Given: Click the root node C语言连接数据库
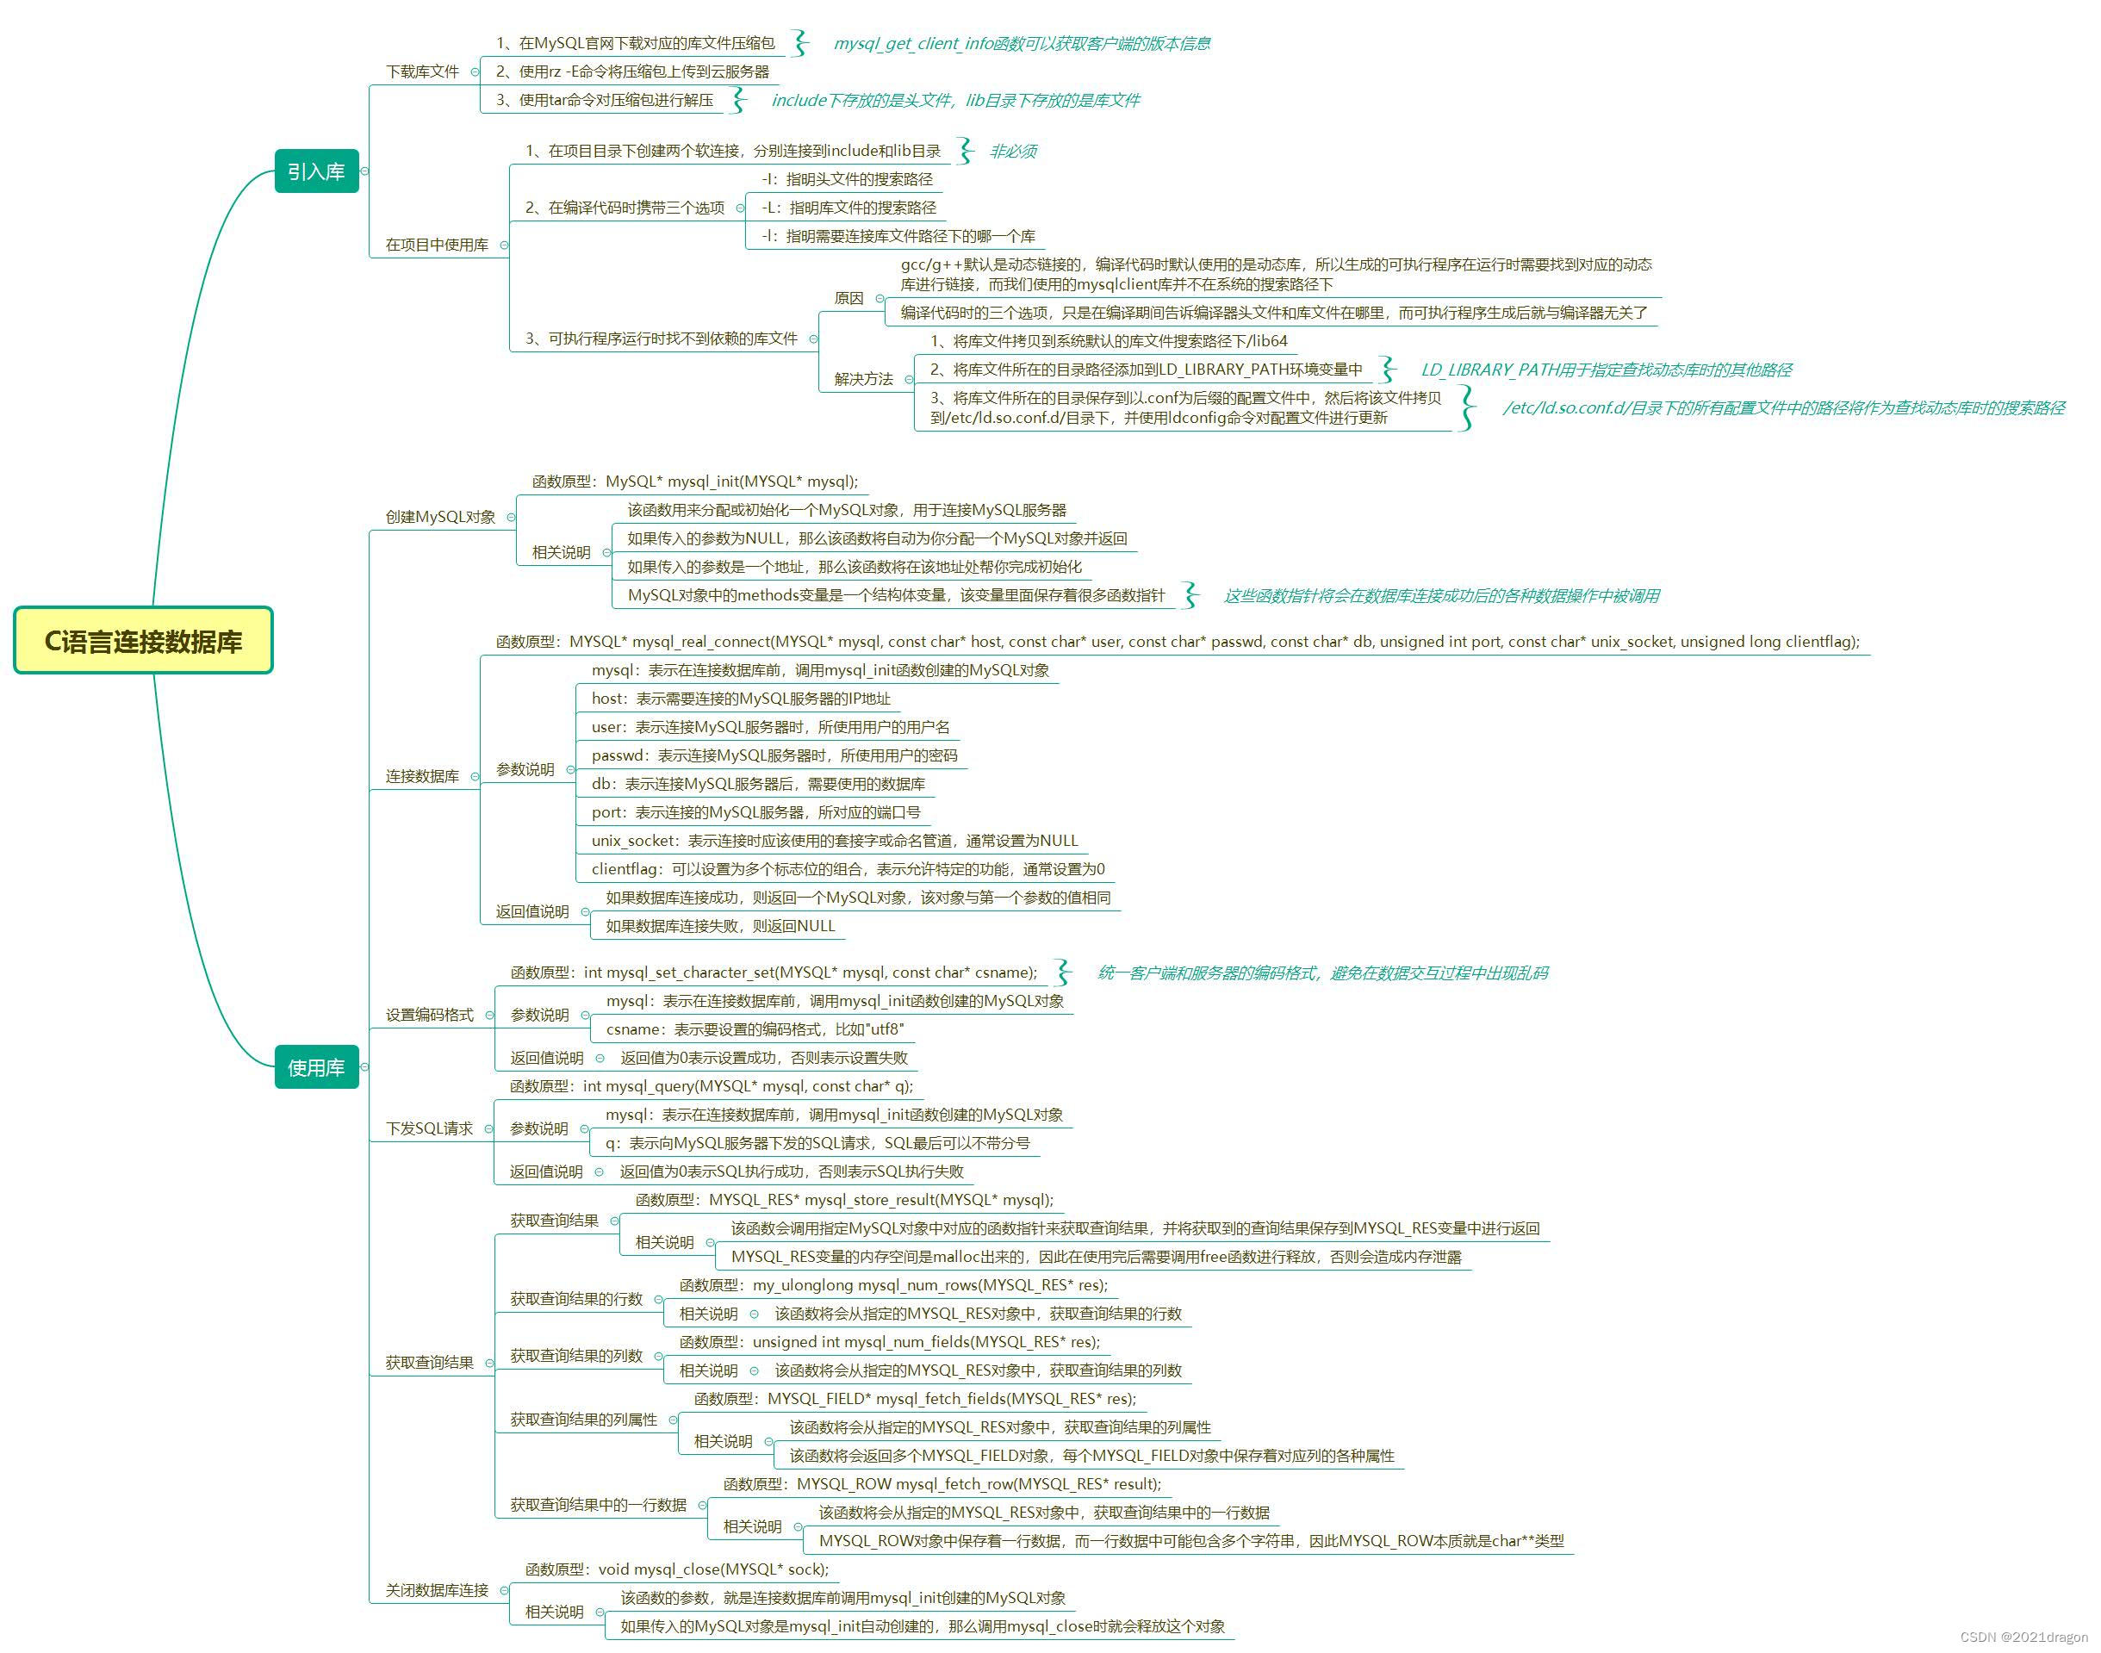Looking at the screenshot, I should [143, 641].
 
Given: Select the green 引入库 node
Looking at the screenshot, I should [316, 171].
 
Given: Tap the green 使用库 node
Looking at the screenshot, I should [316, 1067].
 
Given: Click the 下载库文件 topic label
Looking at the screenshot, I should [422, 71].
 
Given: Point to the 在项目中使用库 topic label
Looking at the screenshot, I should [437, 245].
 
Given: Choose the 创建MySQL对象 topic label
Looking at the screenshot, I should [440, 517].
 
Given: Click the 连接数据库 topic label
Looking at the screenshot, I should [422, 776].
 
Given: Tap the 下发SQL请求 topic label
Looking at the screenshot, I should [430, 1128].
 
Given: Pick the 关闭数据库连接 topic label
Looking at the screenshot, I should [437, 1590].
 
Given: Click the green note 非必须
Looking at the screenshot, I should [1013, 151].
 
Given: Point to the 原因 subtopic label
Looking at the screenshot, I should [848, 298].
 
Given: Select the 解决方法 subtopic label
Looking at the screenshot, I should [863, 379].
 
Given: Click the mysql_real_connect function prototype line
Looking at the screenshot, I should [1177, 642].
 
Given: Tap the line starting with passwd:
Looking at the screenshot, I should [774, 755].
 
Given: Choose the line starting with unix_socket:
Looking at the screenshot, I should [834, 841].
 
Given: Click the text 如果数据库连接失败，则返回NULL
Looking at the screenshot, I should [720, 926].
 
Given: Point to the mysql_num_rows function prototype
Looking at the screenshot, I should [893, 1285].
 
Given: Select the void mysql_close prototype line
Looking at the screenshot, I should [677, 1569].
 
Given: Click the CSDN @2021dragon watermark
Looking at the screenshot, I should [2023, 1637].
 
